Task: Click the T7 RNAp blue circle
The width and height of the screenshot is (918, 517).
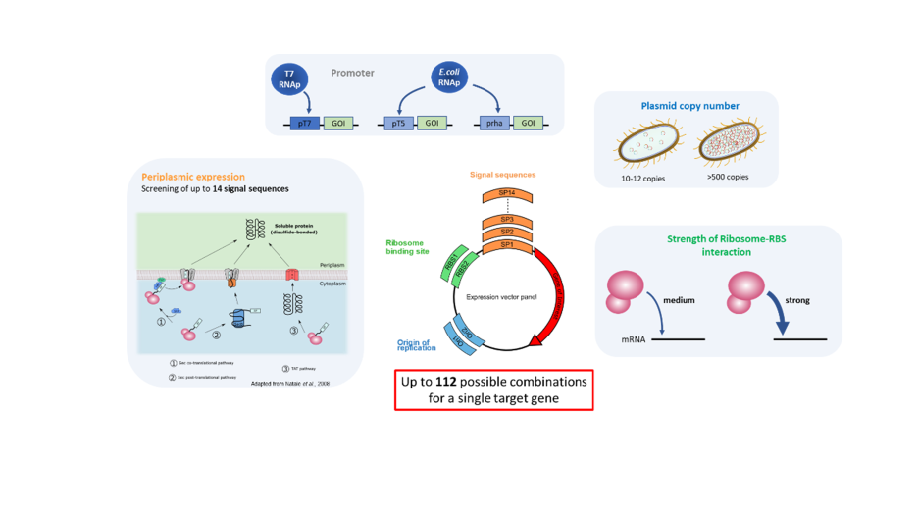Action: tap(289, 78)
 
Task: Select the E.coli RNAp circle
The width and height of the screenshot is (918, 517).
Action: tap(448, 78)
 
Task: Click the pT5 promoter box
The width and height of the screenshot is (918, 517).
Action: tap(398, 124)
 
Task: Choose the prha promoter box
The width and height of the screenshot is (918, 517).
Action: tap(493, 124)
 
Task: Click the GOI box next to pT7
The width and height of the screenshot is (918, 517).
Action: tap(337, 124)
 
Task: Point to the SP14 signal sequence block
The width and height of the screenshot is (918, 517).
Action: tap(508, 195)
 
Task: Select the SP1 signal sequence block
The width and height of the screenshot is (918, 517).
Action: tap(508, 242)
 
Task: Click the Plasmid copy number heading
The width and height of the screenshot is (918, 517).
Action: tap(689, 106)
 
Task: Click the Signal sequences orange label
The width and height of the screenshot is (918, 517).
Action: tap(501, 175)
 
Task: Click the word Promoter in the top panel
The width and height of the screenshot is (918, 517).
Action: tap(352, 73)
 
